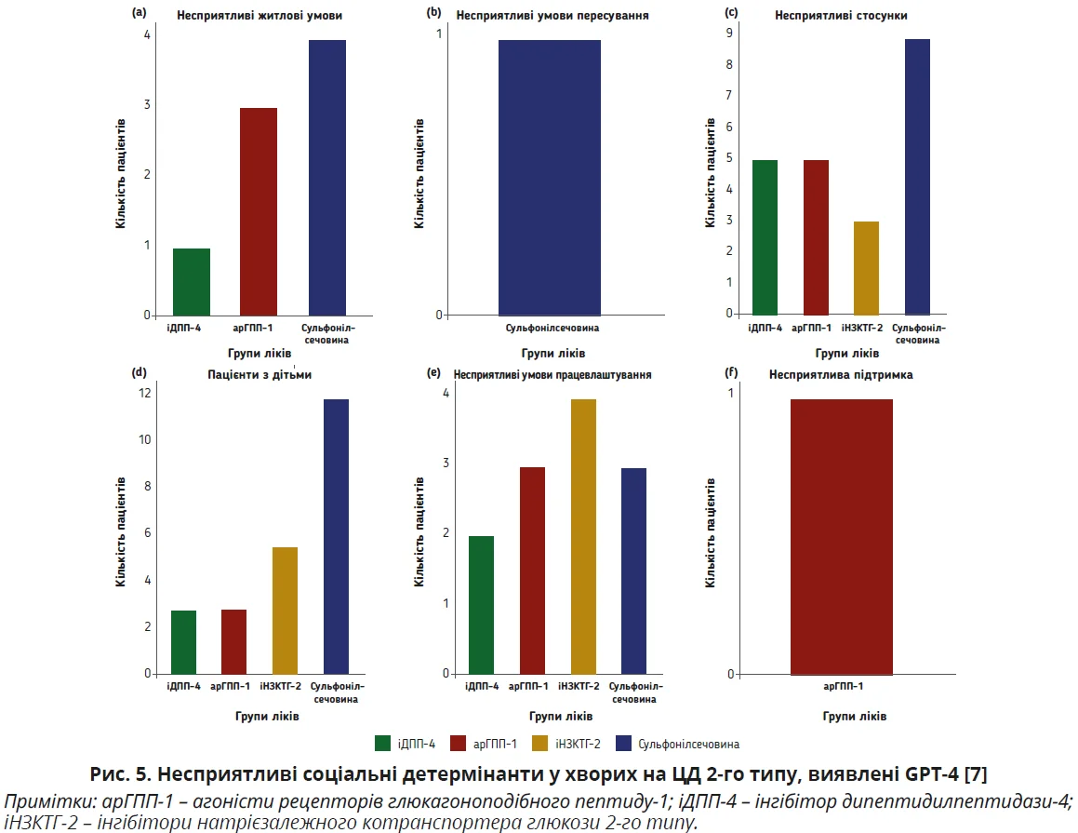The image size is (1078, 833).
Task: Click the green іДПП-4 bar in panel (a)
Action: [x=192, y=282]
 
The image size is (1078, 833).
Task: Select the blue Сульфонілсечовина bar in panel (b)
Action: [x=549, y=178]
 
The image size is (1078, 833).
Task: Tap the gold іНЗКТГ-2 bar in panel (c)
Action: [x=866, y=268]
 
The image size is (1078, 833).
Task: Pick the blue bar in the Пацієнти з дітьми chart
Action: [x=336, y=536]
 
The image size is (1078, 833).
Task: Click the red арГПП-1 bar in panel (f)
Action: [x=841, y=536]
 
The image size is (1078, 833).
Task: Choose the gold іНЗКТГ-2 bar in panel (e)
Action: [x=583, y=536]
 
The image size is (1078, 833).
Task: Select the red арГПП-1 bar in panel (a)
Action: [x=259, y=212]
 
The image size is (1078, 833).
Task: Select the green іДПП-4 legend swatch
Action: [x=382, y=743]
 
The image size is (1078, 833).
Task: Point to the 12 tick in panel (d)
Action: [x=145, y=393]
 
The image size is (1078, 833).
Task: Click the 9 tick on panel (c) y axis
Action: [x=730, y=34]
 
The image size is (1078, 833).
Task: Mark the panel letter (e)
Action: [x=433, y=372]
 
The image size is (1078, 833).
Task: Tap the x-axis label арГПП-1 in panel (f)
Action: [x=843, y=687]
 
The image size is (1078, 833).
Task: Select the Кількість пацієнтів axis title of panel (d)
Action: [x=121, y=532]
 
